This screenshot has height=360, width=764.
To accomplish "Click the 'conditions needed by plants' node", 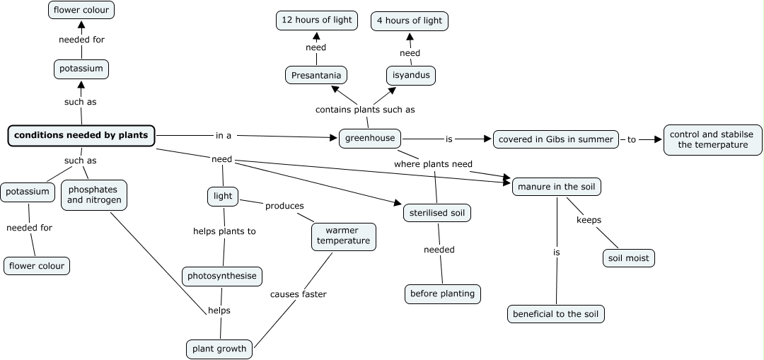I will [x=81, y=135].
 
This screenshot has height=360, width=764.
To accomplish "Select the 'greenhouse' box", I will [x=370, y=138].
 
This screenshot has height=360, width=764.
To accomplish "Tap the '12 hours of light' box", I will [x=316, y=21].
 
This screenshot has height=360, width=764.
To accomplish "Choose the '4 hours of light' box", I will [x=410, y=21].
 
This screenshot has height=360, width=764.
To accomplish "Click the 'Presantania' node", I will [x=316, y=75].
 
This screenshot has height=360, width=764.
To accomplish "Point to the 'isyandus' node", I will [x=410, y=75].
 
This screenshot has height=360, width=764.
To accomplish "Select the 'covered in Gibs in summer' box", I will [x=556, y=139].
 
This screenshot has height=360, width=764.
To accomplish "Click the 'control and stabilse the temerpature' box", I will [x=712, y=139].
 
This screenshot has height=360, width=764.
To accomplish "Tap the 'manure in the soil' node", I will [x=557, y=187].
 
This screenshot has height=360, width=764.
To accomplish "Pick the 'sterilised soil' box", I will [x=436, y=212].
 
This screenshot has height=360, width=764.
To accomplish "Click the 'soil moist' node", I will [x=628, y=258].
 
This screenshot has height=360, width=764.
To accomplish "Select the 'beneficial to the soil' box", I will [x=556, y=314].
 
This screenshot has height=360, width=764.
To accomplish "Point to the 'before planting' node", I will [x=443, y=294].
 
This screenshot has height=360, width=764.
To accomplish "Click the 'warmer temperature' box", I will [x=343, y=236].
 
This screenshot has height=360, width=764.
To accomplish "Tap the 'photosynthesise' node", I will [x=222, y=276].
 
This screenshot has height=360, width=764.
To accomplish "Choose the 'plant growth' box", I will [x=219, y=349].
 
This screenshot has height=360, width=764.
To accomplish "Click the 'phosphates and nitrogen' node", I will [x=94, y=195].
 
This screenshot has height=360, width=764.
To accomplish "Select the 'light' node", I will [x=223, y=196].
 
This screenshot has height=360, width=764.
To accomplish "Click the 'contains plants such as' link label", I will [x=365, y=110].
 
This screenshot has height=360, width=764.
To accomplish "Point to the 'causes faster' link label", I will [x=298, y=294].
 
